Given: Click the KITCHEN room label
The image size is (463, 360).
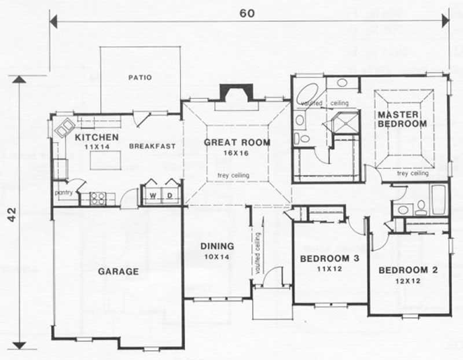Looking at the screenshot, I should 97,137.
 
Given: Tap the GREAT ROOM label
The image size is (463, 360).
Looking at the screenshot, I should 237,142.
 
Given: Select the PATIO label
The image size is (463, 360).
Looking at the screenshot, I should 141,77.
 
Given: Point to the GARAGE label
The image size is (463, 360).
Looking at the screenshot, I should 118,271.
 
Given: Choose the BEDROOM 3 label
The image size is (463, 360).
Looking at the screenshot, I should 328,258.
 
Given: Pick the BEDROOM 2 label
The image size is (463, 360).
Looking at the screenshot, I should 407,270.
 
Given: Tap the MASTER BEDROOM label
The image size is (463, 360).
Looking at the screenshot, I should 402,119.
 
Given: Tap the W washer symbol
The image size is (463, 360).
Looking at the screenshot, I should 153,195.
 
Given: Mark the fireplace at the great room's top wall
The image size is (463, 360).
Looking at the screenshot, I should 236,94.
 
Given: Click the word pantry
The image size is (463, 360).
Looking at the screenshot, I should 63,192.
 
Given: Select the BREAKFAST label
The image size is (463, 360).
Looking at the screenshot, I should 152,146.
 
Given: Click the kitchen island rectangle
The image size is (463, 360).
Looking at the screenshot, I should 105,160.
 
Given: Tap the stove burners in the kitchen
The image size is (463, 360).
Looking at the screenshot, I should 97,199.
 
